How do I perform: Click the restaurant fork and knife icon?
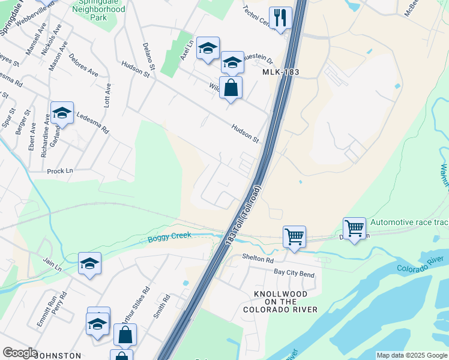coord(280,17)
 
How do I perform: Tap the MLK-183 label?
coord(281,72)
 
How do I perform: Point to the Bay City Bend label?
coord(294,273)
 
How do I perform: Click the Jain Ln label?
coord(52,262)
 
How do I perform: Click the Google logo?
coord(20,353)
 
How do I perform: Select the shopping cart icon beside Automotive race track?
coord(354,229)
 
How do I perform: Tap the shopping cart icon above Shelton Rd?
coord(294,236)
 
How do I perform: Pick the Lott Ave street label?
coord(107,95)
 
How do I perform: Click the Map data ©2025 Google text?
coord(412,355)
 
